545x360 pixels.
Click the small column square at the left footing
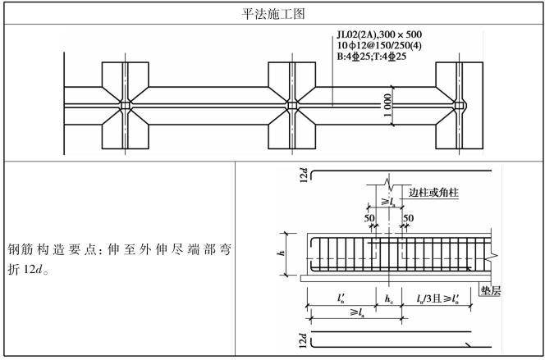(124, 107)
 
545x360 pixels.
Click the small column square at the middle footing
(292, 107)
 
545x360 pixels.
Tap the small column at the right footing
(460, 107)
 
